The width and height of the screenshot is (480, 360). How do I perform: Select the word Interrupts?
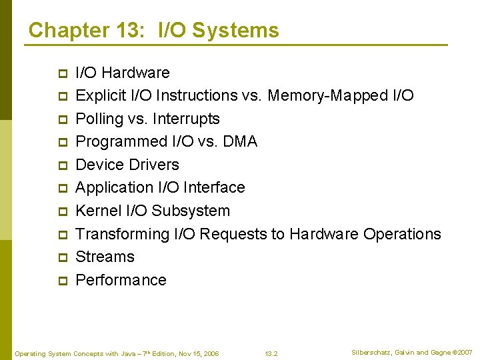coord(186,119)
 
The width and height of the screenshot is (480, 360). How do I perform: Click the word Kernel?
coord(99,211)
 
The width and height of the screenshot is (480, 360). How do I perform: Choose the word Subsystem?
coord(191,211)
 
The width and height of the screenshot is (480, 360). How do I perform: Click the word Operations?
coord(402,234)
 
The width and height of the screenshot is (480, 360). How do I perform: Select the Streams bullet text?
coord(105,257)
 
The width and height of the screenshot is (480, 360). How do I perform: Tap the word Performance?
coord(121,280)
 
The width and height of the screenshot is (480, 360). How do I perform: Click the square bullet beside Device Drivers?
coord(63,165)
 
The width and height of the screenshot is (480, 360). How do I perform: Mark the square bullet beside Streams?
coord(63,257)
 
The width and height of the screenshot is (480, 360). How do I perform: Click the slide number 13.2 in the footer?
coord(271,353)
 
